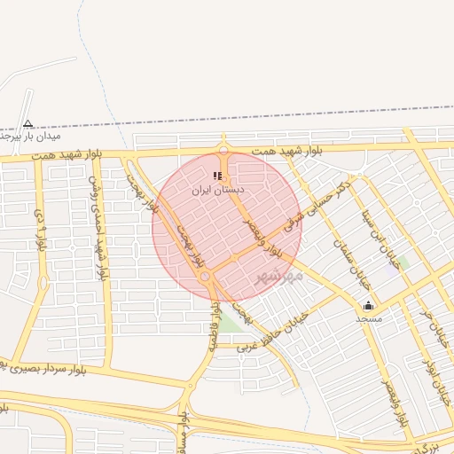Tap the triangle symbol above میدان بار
point(27,124)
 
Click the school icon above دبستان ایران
point(217,176)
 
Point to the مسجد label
point(368,317)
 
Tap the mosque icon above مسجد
point(368,305)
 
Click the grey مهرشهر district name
point(279,276)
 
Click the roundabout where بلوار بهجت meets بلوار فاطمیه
point(206,278)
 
